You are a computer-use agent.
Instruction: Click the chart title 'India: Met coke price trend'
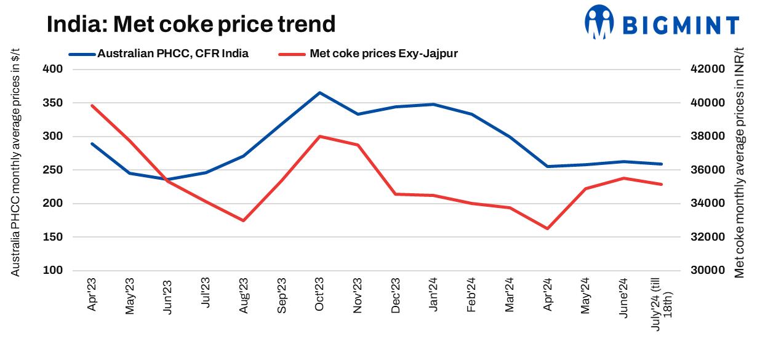191,25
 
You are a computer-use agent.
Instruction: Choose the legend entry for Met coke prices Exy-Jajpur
369,54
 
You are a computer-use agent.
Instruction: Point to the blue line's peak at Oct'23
319,93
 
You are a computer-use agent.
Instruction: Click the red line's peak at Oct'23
319,137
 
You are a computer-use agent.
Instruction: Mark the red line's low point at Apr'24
547,229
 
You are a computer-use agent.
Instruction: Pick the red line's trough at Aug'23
244,220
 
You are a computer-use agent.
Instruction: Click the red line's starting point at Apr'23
92,105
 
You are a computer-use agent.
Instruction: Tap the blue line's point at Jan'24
433,105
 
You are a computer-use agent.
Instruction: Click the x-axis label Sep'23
282,296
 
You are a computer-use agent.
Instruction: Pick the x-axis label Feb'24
471,296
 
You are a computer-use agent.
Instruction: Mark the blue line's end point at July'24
661,164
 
